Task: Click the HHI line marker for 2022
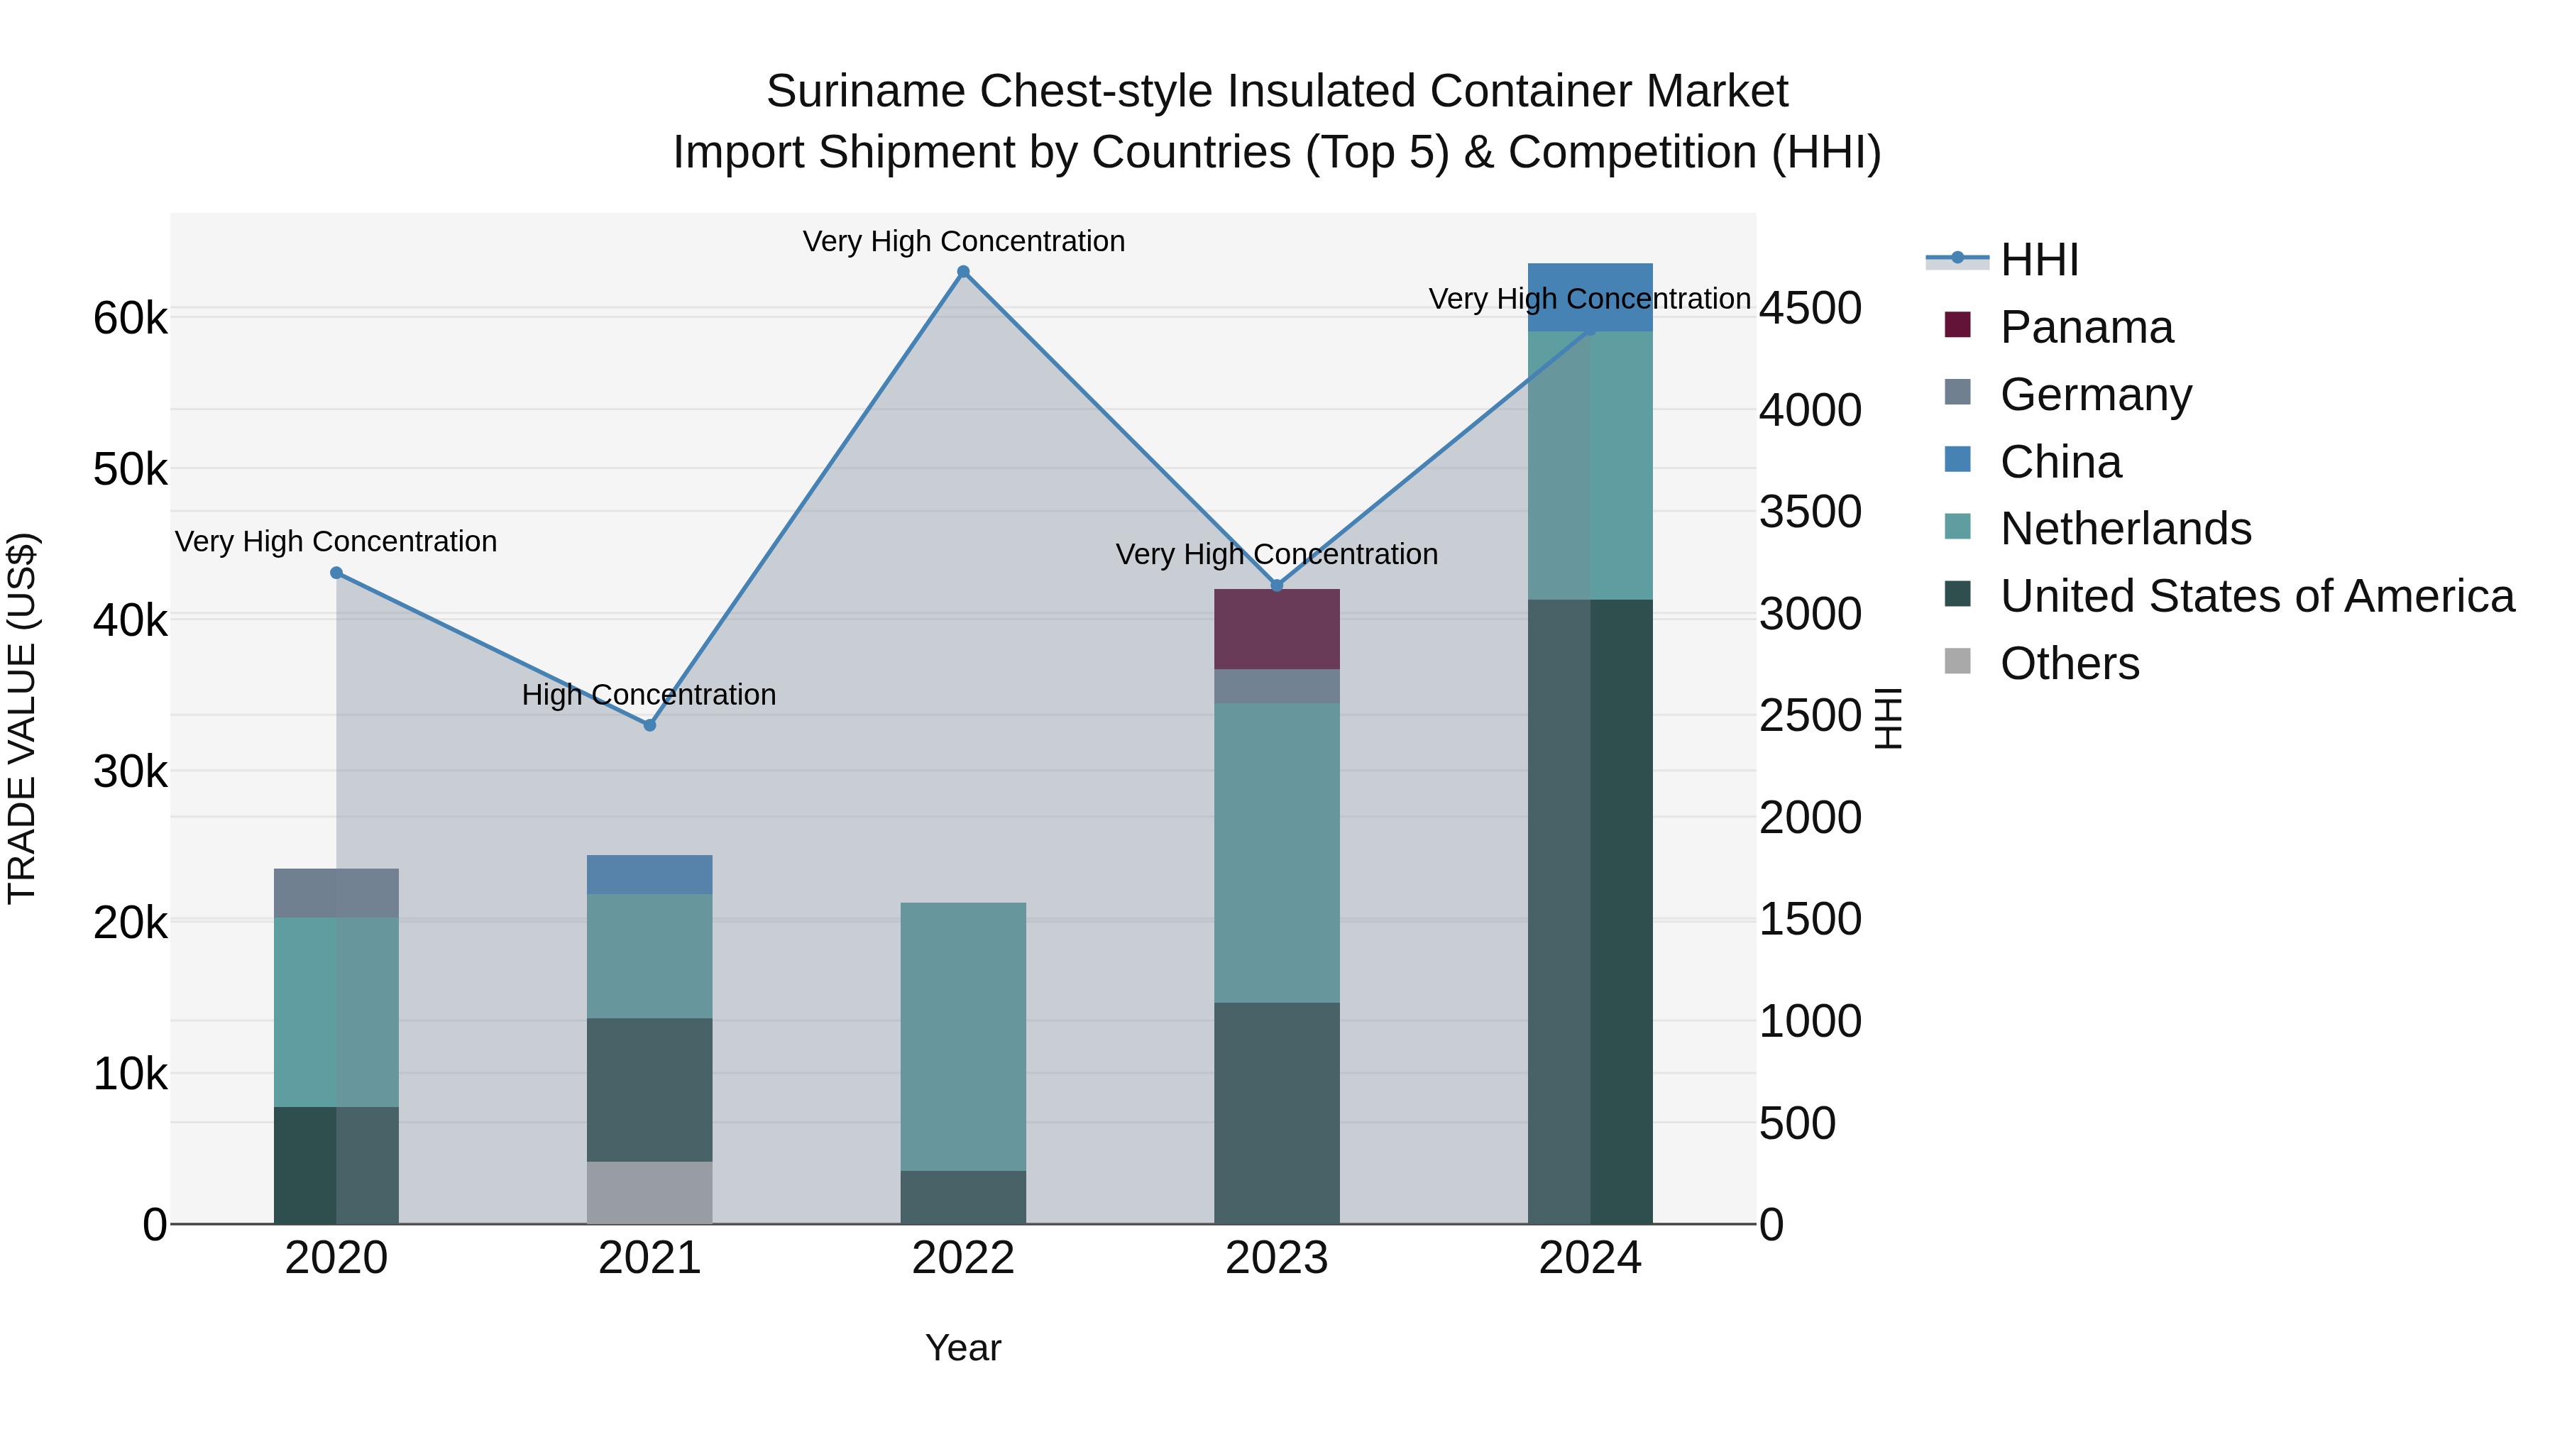[963, 272]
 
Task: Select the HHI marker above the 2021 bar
[649, 725]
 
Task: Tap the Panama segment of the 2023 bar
[1277, 629]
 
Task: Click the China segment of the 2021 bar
[649, 875]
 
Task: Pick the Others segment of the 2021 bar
[649, 1192]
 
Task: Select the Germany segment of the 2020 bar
[336, 893]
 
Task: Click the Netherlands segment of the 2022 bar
[963, 1036]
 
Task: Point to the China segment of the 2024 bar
[1590, 297]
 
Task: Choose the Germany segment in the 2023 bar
[1277, 686]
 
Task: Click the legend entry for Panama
[2086, 327]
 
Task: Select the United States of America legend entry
[2256, 596]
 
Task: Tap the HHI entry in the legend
[2038, 260]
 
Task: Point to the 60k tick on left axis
[130, 319]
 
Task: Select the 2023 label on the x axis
[1277, 1258]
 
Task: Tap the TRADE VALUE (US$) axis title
[22, 718]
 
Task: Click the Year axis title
[963, 1348]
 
